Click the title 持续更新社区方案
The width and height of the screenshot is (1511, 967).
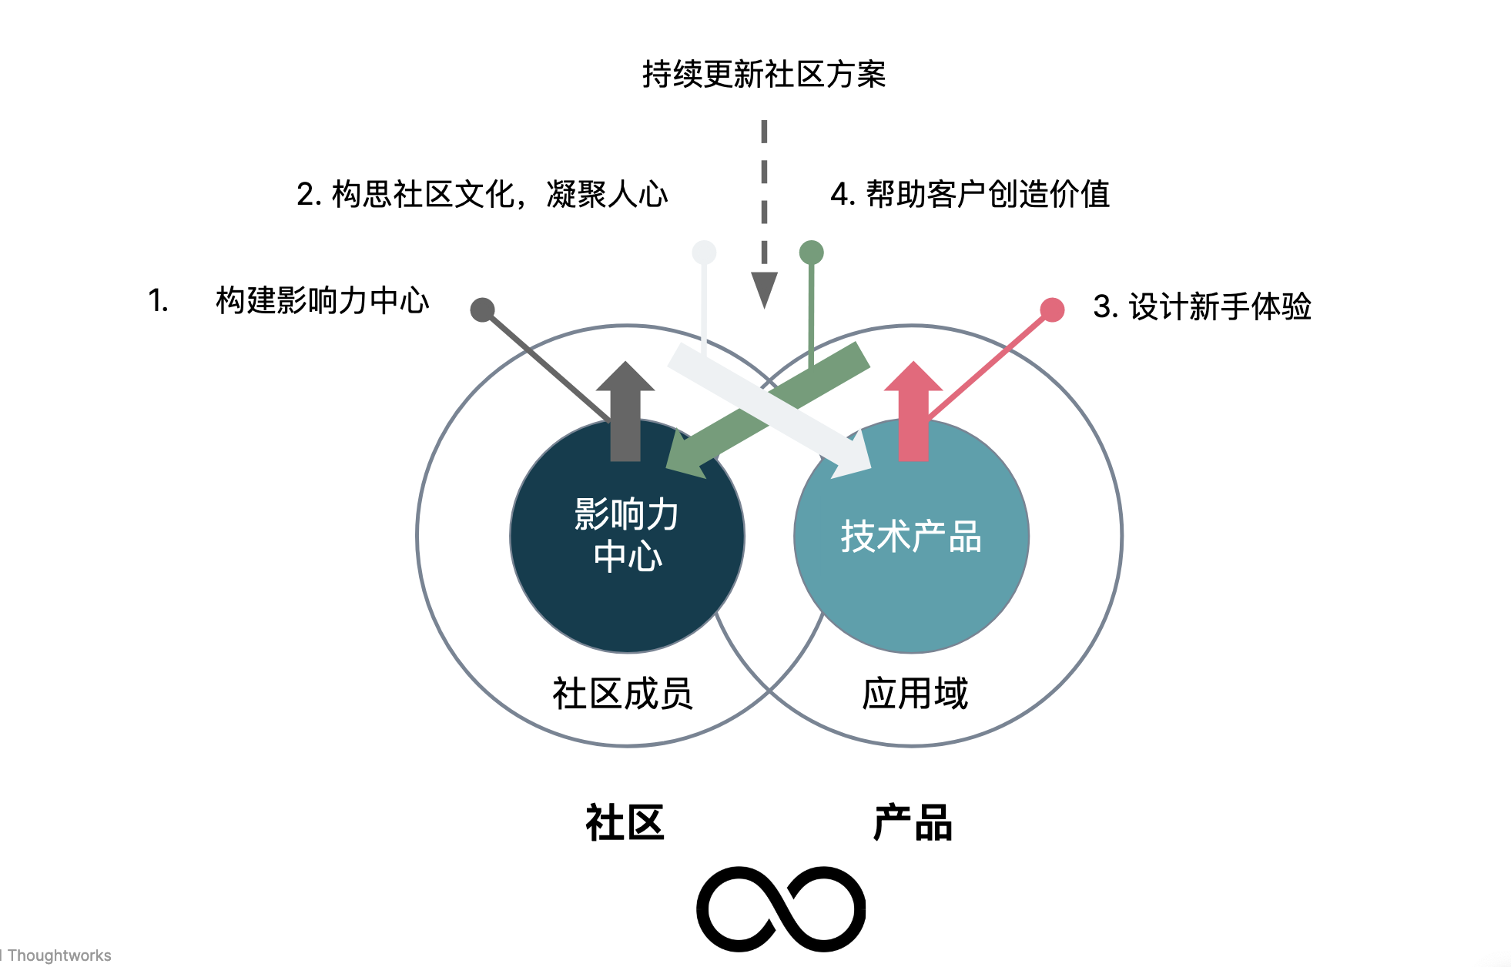coord(763,75)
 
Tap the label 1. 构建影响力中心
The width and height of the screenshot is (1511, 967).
coord(288,300)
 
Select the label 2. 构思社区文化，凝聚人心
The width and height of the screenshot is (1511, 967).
coord(482,194)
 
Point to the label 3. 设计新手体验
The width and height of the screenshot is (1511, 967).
coord(1201,306)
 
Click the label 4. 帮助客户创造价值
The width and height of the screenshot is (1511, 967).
coord(970,194)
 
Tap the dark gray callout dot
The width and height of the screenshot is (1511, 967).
coord(482,310)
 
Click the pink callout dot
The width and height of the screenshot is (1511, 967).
coord(1052,310)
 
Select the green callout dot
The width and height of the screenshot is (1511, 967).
coord(812,252)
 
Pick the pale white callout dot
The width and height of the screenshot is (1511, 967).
coord(704,252)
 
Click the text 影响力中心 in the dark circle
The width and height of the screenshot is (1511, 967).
coord(627,535)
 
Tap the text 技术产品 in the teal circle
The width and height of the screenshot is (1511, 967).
coord(911,537)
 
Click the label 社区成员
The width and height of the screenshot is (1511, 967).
coord(622,694)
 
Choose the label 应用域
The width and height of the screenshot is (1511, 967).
coord(915,694)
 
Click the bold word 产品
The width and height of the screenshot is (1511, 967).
coord(913,823)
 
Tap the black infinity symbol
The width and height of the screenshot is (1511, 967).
coord(781,908)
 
